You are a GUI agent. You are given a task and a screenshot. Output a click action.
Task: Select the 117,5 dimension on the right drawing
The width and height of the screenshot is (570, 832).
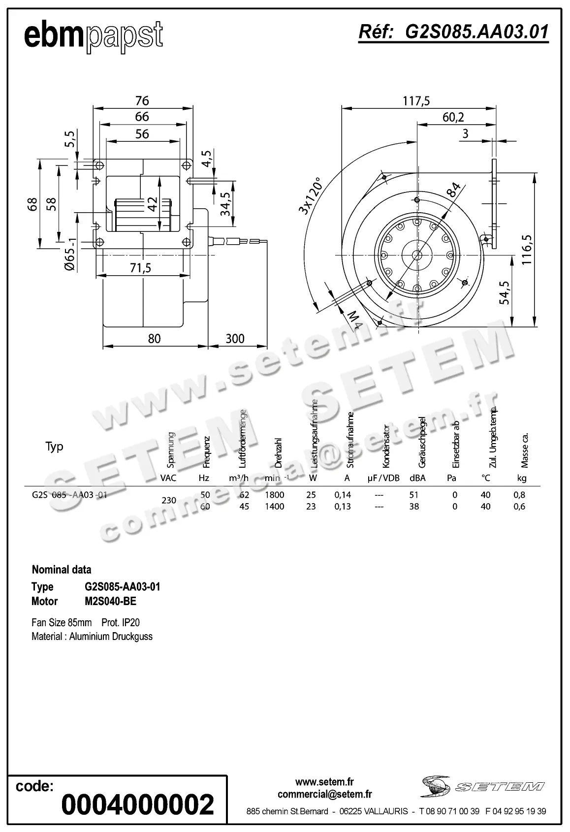pyautogui.click(x=416, y=101)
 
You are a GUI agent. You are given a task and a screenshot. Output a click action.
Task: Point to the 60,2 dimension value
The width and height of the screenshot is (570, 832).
pyautogui.click(x=453, y=117)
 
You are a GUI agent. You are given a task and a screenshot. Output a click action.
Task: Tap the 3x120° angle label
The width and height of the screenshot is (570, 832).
pyautogui.click(x=310, y=196)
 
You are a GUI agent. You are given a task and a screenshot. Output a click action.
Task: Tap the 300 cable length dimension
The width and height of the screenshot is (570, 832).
pyautogui.click(x=235, y=339)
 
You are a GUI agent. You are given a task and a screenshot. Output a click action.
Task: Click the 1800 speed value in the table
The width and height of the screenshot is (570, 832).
pyautogui.click(x=274, y=495)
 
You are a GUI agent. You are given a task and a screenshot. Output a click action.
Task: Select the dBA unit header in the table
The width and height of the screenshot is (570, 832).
pyautogui.click(x=417, y=478)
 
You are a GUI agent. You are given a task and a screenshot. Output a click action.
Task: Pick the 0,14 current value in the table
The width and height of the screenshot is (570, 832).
pyautogui.click(x=343, y=495)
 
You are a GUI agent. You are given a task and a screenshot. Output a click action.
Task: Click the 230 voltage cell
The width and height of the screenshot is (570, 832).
pyautogui.click(x=169, y=500)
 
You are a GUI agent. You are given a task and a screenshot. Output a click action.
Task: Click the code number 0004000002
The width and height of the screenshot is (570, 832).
pyautogui.click(x=137, y=804)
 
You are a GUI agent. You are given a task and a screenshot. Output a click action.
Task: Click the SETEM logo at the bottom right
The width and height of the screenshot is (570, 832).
pyautogui.click(x=482, y=786)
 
